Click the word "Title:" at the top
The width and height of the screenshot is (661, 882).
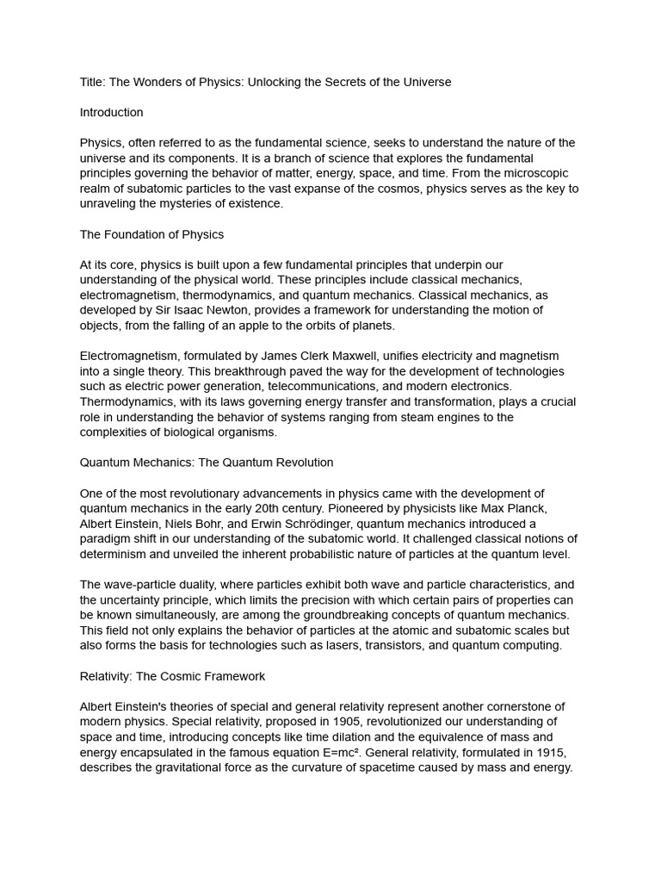[94, 82]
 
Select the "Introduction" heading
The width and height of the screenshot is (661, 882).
[111, 112]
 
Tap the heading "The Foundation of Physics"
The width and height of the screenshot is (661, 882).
[151, 234]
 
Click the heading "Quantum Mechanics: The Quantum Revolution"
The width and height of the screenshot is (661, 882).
[207, 463]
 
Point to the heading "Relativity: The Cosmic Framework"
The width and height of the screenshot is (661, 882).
[172, 676]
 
